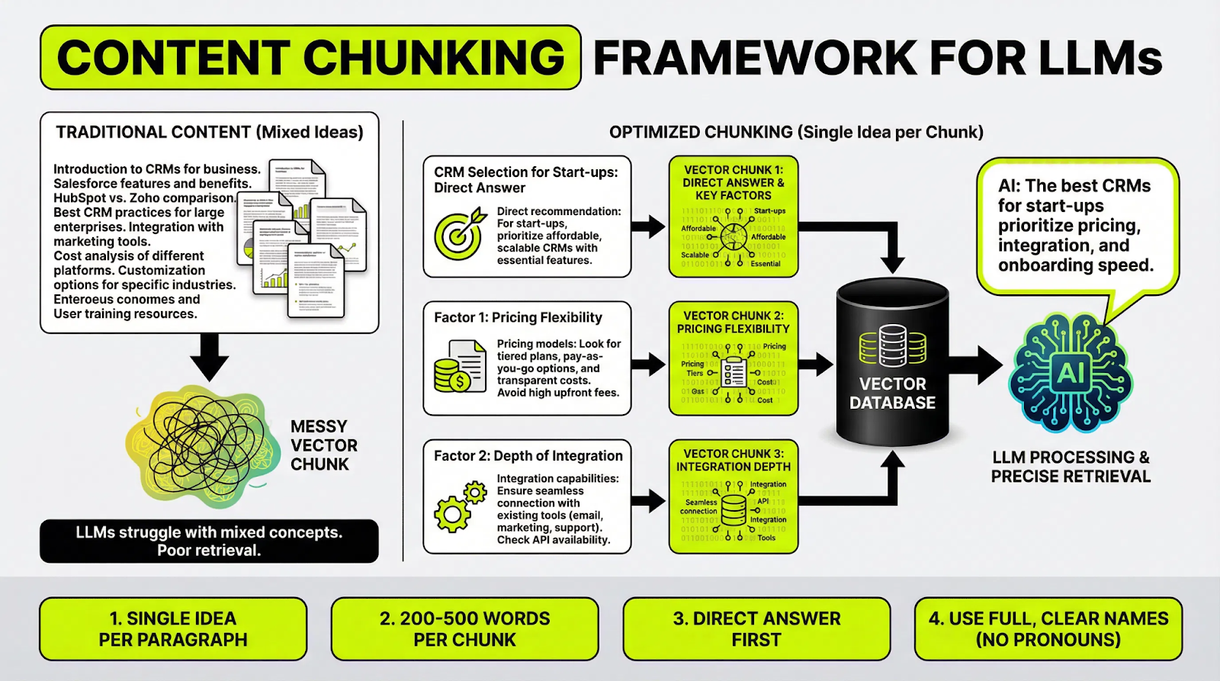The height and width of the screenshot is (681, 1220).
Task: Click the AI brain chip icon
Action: (x=1071, y=373)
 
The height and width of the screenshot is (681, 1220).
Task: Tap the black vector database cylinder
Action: (x=892, y=363)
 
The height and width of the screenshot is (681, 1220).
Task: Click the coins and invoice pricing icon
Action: (x=460, y=367)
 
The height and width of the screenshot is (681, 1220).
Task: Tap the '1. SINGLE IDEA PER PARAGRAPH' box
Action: (x=173, y=628)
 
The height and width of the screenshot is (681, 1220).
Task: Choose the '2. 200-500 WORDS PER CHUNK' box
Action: (x=464, y=628)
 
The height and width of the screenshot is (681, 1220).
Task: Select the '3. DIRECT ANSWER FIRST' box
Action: (x=756, y=628)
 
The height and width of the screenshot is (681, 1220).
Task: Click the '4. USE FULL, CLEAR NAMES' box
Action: (x=1048, y=628)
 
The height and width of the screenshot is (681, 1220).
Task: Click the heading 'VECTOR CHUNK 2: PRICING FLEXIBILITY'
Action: (x=733, y=322)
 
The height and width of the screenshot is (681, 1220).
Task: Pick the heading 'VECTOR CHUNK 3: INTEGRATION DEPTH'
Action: (x=733, y=460)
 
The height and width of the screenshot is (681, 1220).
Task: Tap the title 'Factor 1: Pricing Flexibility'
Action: (x=518, y=317)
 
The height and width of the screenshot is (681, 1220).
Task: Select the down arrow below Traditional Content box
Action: (x=209, y=356)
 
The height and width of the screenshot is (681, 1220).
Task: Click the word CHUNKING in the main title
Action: (x=434, y=58)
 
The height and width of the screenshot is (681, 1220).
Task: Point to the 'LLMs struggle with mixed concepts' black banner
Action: (x=209, y=541)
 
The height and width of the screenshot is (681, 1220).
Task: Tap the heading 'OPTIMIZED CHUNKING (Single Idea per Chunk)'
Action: (x=796, y=132)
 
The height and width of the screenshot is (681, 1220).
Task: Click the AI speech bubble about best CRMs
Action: (x=1076, y=226)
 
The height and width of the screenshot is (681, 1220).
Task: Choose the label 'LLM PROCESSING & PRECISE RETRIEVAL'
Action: (x=1071, y=467)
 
